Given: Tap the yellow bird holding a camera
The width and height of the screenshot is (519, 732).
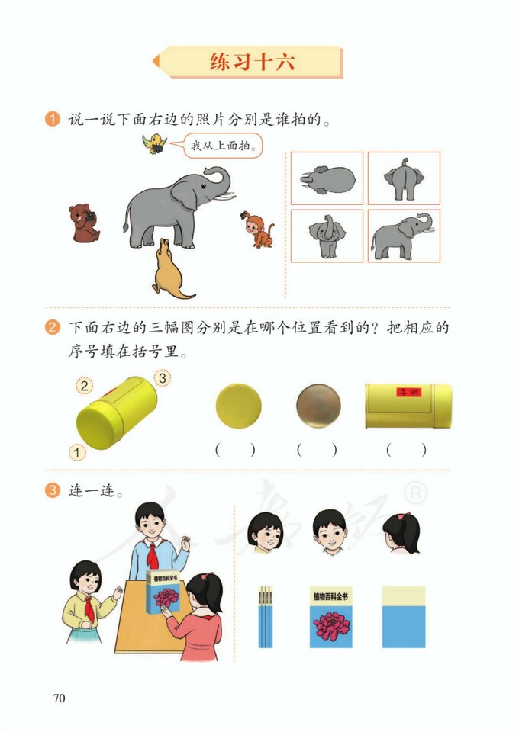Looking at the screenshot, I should point(156,143).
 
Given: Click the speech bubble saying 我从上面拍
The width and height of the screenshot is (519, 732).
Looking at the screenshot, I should point(221,144).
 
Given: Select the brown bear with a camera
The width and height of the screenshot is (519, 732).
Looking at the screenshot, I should point(83,223).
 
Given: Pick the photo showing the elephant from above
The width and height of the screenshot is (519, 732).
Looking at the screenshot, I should point(327,178).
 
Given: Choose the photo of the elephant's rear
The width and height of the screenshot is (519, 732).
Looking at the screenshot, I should point(404,178).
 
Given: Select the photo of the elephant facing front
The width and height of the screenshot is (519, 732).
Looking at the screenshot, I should point(327,236).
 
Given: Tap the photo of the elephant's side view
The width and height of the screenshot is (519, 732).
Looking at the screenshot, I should point(404,236).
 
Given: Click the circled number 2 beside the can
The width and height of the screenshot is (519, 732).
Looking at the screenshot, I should point(85,386).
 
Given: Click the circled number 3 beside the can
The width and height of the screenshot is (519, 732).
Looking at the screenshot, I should point(163,377).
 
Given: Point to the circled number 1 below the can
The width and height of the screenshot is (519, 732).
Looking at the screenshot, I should point(77,453).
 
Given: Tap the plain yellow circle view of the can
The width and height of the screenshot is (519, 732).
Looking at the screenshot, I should point(238,406).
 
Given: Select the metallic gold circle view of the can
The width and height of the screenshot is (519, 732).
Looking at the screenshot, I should point(318,406).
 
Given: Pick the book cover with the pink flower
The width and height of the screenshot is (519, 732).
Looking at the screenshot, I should point(330,617).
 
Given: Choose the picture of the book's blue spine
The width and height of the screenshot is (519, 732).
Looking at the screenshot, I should point(265,617).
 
